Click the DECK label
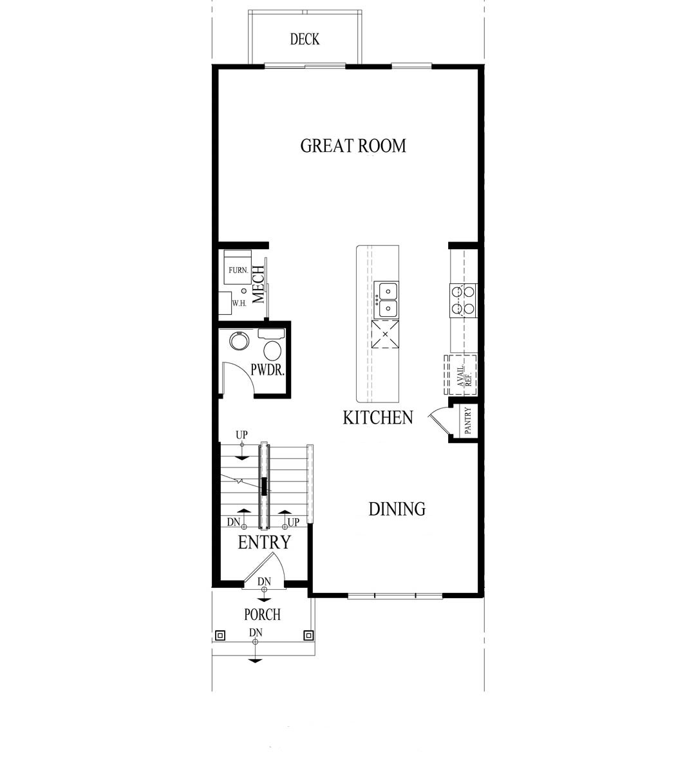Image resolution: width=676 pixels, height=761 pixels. coord(305,40)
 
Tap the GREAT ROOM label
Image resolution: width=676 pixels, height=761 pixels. coord(353,146)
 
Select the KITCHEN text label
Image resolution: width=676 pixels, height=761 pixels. coord(378,418)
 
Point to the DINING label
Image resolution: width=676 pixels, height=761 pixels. coord(397,509)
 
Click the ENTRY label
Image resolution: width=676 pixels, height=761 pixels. coord(265,543)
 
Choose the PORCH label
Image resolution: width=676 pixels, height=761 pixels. coord(263,614)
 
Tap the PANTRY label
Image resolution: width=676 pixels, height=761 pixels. coord(468,422)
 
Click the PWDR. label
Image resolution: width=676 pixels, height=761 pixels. coord(268,371)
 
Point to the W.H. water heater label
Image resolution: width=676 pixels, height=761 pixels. coord(239,303)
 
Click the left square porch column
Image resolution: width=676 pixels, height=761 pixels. coord(220,635)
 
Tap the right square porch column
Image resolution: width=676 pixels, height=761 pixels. coord(308,635)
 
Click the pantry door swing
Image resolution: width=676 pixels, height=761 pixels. coord(439,420)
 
